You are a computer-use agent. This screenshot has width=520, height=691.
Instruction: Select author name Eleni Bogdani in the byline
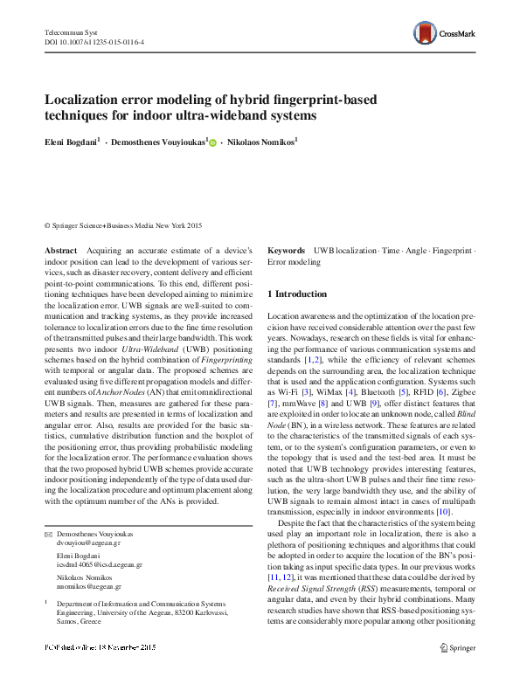click(x=71, y=141)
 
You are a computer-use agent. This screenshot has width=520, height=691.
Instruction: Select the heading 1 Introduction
click(x=297, y=294)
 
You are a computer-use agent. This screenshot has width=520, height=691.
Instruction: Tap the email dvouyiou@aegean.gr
click(x=84, y=542)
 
